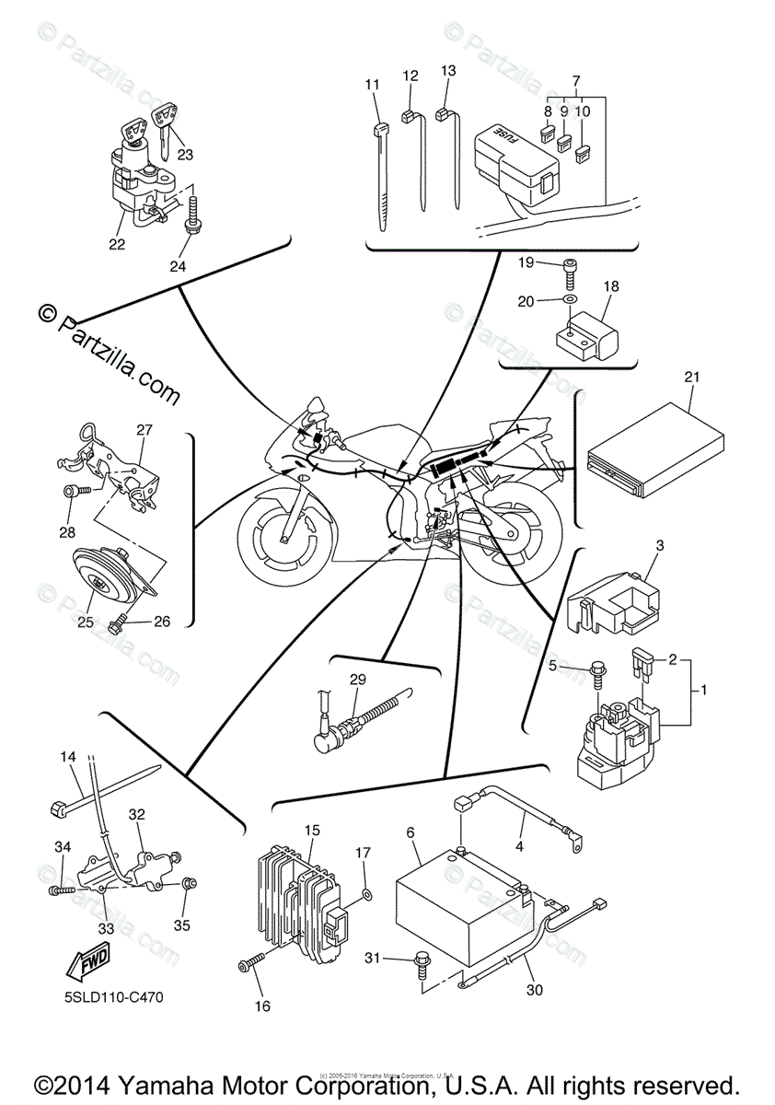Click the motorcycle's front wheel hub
coord(285,537)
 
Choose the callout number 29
coord(356,680)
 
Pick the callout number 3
coord(660,547)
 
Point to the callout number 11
coord(372,85)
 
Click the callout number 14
coord(68,757)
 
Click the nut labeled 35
coord(190,884)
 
